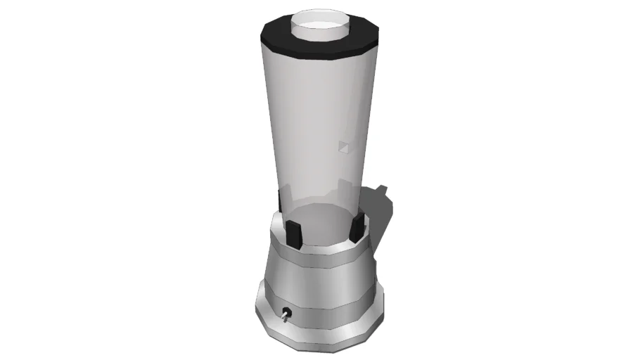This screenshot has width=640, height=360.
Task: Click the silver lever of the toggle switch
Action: [283, 318]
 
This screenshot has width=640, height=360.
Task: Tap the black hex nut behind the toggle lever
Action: [287, 313]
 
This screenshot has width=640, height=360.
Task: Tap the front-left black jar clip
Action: [293, 233]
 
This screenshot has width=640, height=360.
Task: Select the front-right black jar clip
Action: [358, 227]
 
